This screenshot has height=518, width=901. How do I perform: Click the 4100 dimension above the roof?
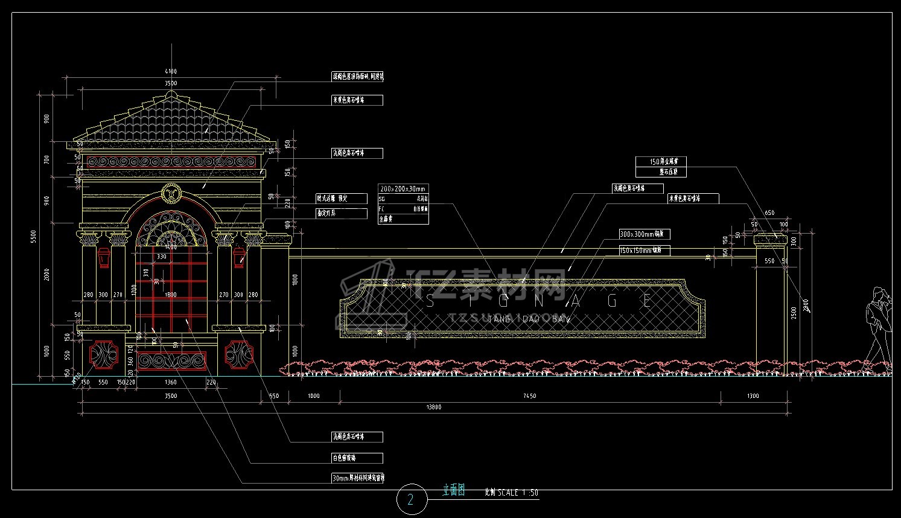(171, 72)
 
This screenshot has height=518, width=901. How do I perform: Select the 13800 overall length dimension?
(433, 408)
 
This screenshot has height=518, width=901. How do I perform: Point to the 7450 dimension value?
(529, 396)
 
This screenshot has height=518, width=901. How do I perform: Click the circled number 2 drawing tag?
(412, 499)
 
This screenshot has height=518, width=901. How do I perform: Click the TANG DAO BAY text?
(527, 318)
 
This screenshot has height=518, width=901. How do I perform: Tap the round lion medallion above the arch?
(171, 194)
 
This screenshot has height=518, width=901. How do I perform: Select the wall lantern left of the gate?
(104, 258)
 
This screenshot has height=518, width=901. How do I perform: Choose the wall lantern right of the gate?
(239, 258)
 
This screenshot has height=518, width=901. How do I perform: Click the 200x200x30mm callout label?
(403, 189)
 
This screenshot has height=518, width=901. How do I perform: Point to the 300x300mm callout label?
(644, 234)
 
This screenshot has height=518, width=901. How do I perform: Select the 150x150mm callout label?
(644, 250)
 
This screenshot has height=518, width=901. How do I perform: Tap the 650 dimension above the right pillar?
(769, 213)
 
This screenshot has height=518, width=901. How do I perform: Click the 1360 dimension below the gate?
(171, 382)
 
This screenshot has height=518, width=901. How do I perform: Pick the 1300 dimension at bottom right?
(753, 396)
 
